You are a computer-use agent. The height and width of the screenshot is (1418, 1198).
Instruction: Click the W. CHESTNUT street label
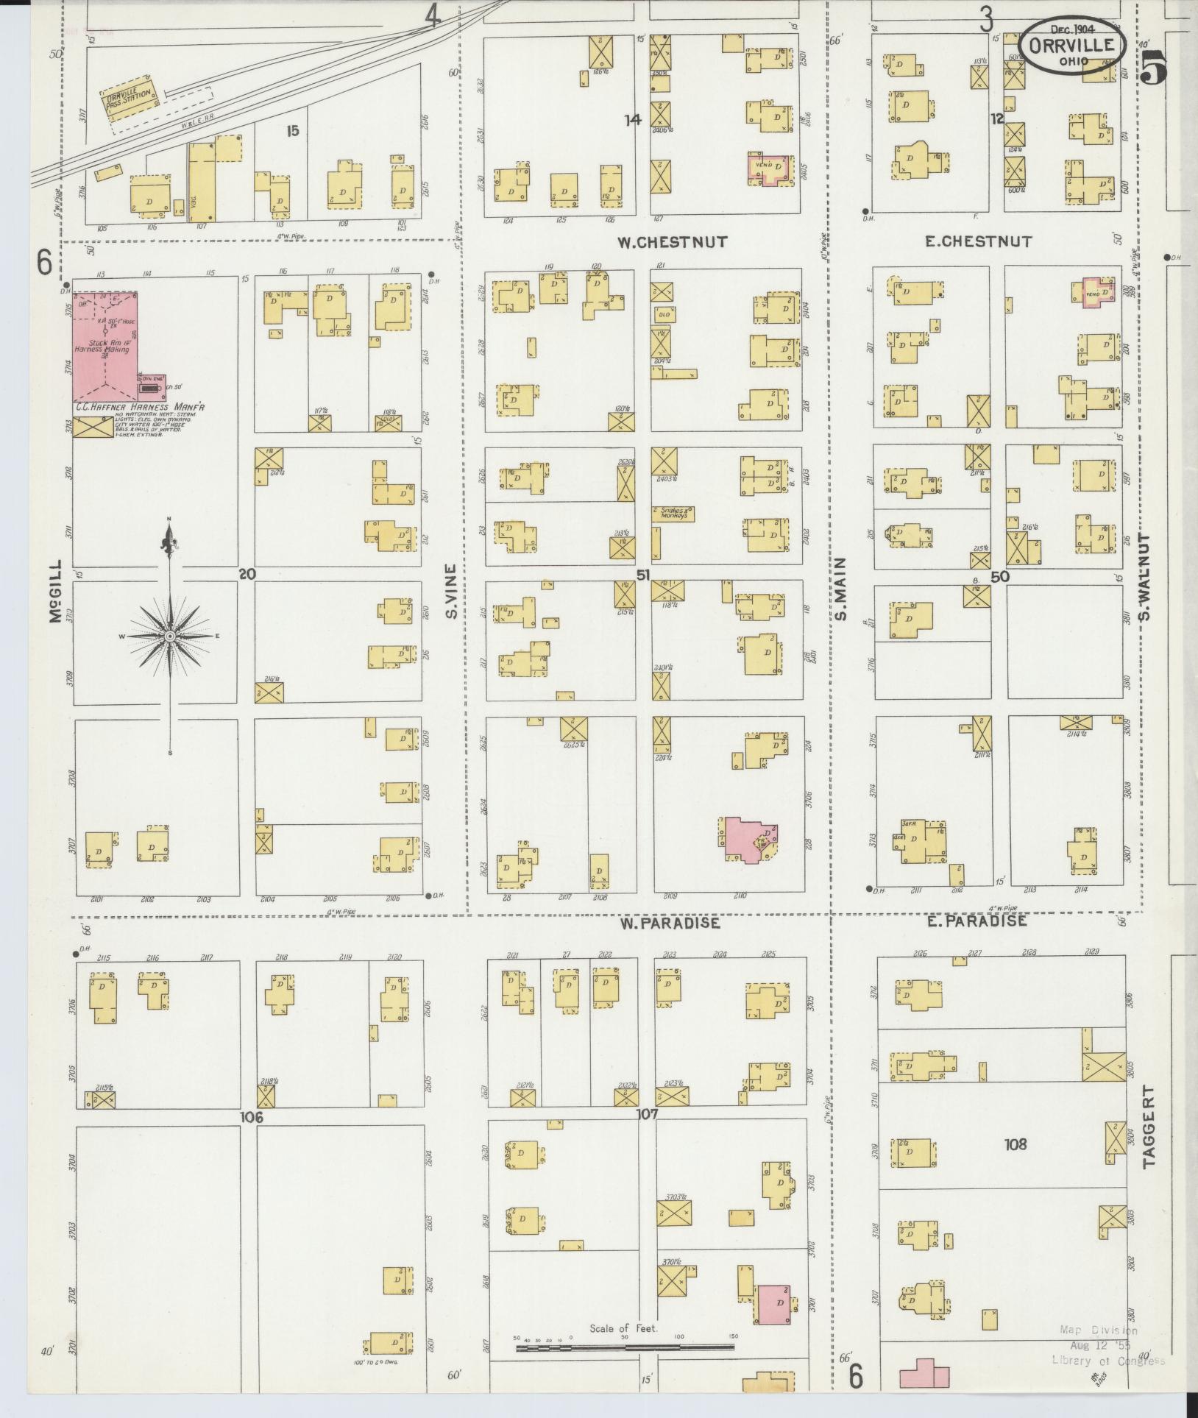tap(673, 241)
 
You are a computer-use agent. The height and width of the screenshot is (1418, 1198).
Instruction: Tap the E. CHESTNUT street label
tap(978, 241)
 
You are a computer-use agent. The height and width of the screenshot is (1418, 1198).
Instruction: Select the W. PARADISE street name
tap(670, 923)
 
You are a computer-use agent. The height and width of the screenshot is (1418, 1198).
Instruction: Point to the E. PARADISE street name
tap(977, 921)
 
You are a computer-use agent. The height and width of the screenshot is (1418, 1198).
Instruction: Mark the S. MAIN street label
tap(842, 589)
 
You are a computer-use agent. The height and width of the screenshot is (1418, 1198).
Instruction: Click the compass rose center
tap(170, 636)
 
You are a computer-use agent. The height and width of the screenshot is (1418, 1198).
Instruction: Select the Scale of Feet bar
tap(625, 1347)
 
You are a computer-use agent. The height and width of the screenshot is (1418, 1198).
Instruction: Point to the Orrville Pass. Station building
tap(130, 96)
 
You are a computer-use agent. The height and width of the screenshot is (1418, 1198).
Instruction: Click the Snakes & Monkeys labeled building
tap(673, 514)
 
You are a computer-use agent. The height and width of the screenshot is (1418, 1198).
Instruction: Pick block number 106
tap(251, 1117)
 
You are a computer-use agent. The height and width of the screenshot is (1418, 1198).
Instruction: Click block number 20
tap(247, 574)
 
